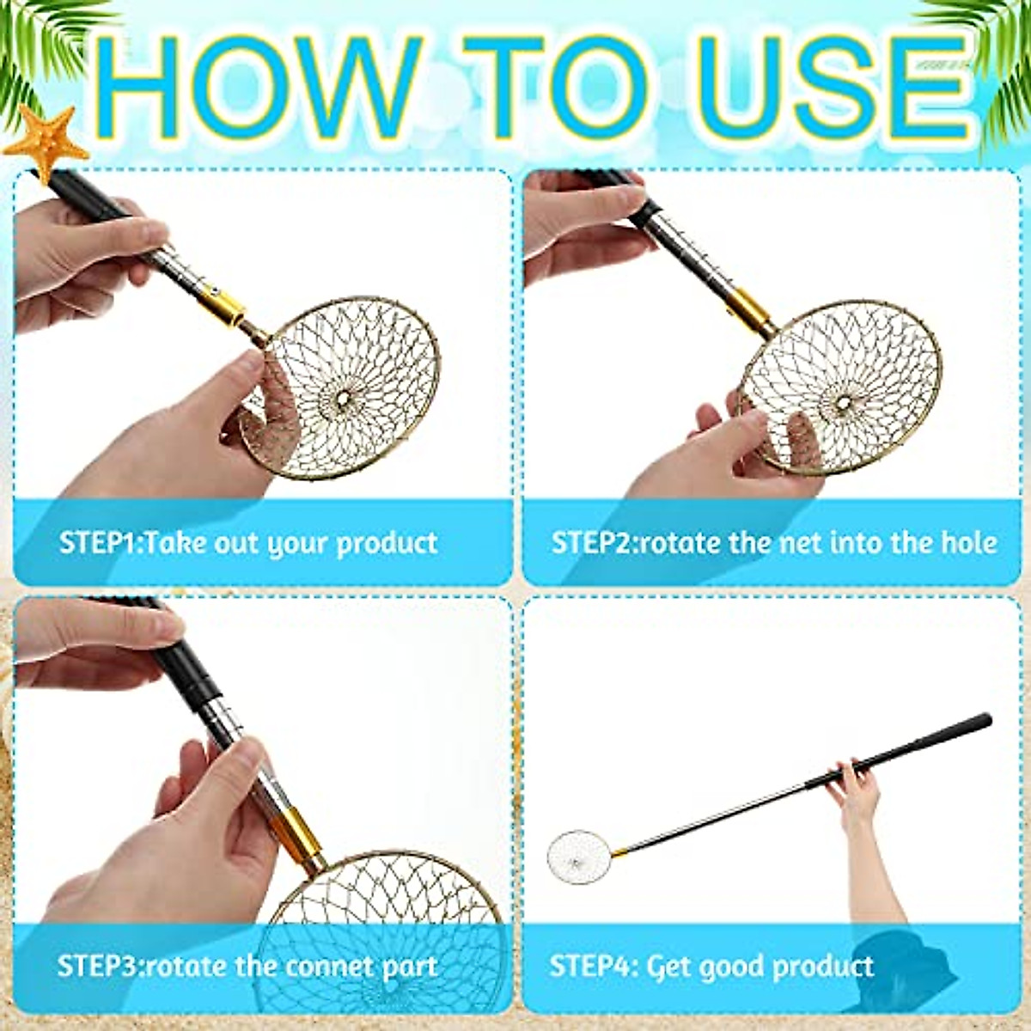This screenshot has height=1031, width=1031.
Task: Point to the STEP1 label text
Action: point(100,543)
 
